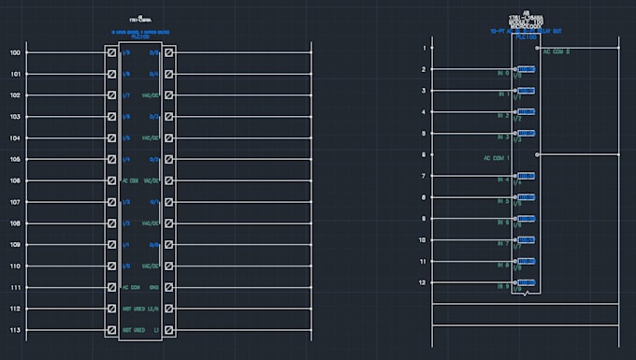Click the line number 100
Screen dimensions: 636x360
[15, 52]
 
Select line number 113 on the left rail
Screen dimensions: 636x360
[15, 331]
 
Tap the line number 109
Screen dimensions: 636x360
[15, 245]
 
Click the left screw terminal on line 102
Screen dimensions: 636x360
[112, 95]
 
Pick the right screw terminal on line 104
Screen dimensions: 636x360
[169, 138]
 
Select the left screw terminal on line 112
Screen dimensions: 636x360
[112, 310]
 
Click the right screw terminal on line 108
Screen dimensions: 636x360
[169, 223]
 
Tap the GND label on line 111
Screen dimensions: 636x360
[154, 288]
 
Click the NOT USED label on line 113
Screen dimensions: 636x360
[133, 331]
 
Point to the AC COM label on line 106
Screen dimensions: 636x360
[132, 180]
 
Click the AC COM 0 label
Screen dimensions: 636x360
[556, 51]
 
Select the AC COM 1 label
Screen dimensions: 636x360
[497, 158]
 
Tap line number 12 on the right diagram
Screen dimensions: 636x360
[423, 282]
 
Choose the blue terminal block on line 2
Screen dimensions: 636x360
[526, 69]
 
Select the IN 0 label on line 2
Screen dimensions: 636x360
[503, 73]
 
